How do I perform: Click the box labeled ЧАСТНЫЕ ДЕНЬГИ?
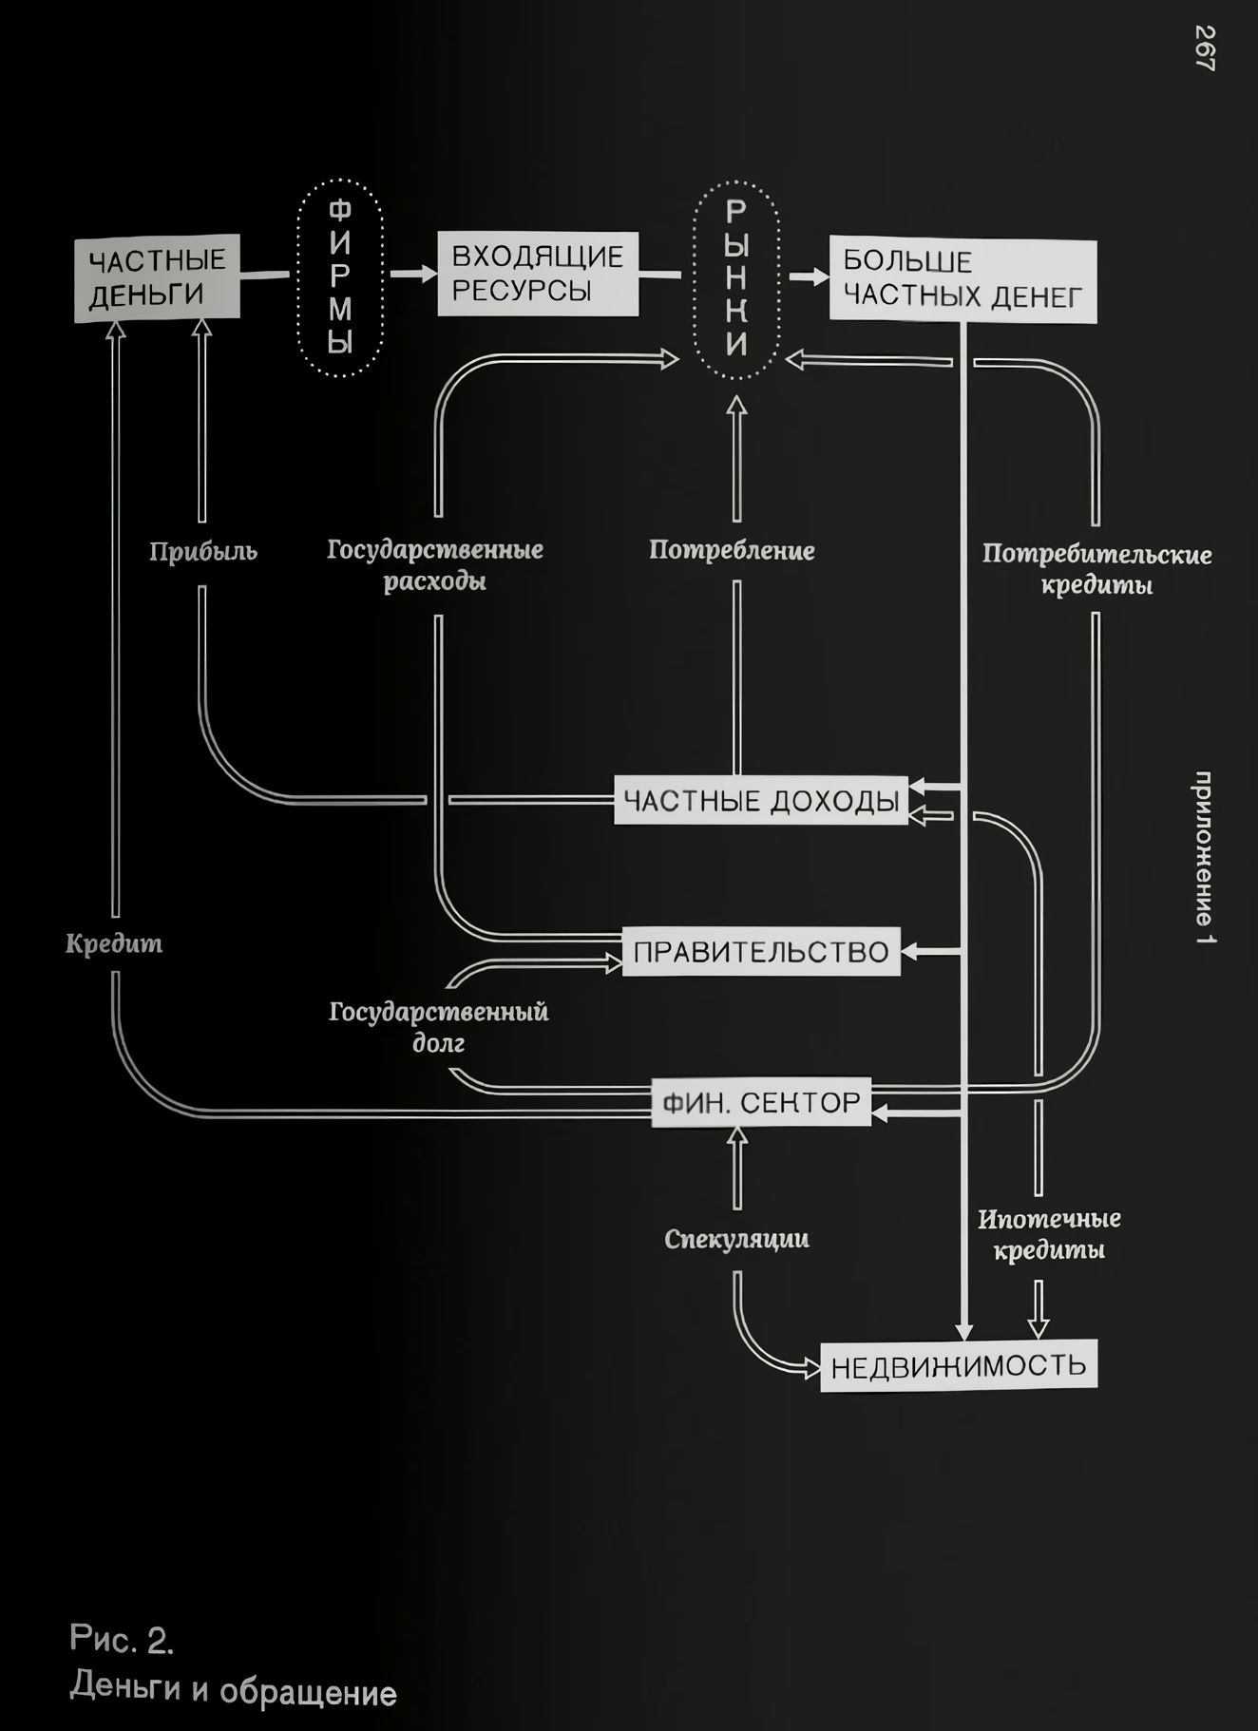157,277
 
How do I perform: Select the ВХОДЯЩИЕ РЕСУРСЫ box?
538,274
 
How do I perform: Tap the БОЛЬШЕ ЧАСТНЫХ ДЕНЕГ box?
963,279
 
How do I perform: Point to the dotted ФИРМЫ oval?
340,277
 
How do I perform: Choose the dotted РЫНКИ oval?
736,279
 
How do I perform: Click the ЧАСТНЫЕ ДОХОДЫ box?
761,801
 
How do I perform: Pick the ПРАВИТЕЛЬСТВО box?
761,951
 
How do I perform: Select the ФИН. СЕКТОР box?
761,1102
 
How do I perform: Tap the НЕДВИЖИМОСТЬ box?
958,1366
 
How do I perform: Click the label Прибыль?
202,551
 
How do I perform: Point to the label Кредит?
114,943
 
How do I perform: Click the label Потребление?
732,550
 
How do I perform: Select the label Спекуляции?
736,1239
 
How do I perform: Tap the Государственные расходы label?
435,565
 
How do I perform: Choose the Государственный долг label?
439,1027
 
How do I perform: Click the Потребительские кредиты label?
1096,569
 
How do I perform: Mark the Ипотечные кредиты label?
1049,1234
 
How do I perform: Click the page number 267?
1204,48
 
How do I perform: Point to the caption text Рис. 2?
122,1639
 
